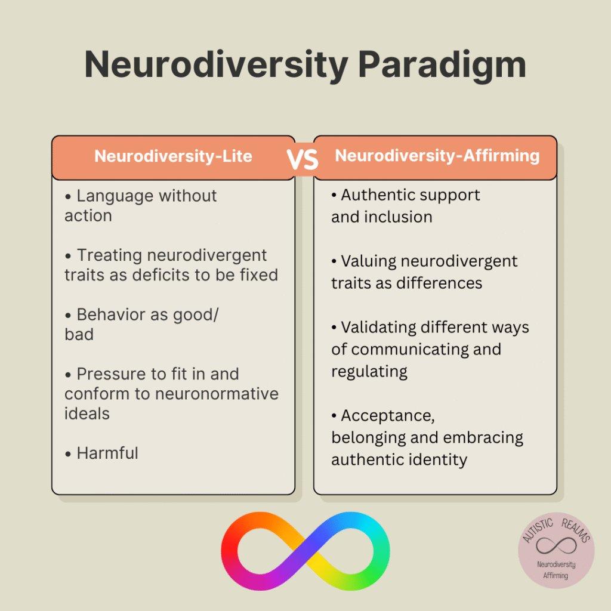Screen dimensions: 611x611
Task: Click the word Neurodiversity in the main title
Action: click(x=216, y=64)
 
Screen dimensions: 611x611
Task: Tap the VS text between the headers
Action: click(x=303, y=159)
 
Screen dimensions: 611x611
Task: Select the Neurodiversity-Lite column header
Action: click(x=173, y=156)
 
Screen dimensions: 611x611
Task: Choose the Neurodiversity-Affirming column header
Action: click(x=437, y=156)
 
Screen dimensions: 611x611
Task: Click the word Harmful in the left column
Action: click(x=107, y=453)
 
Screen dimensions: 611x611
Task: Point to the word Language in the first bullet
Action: click(x=115, y=196)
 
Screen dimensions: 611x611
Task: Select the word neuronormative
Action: click(x=217, y=394)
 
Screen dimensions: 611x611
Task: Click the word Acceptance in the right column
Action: click(x=388, y=416)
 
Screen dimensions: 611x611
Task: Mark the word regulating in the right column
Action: click(x=369, y=372)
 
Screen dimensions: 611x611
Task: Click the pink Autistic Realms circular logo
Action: click(x=556, y=550)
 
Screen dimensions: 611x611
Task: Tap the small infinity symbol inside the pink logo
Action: click(x=556, y=545)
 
